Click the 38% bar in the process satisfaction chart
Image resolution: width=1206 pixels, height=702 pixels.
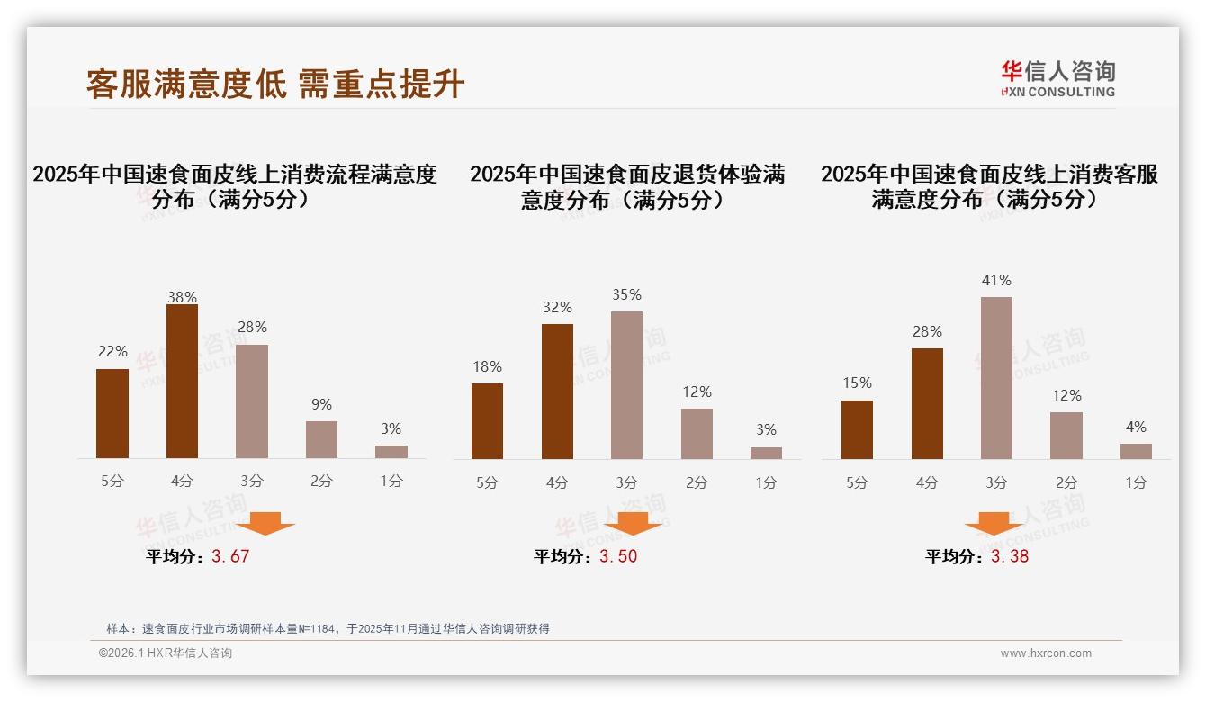pyautogui.click(x=182, y=382)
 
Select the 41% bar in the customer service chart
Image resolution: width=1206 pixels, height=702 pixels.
pyautogui.click(x=996, y=378)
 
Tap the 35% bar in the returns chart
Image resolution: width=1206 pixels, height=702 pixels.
pyautogui.click(x=626, y=385)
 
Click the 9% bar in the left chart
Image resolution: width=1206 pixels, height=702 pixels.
pyautogui.click(x=321, y=439)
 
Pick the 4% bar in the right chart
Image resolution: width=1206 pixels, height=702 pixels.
pyautogui.click(x=1136, y=451)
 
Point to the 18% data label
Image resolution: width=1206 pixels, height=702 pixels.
pyautogui.click(x=487, y=366)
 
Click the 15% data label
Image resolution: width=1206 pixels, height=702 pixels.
pyautogui.click(x=857, y=383)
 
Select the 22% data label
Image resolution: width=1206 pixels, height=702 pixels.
pyautogui.click(x=112, y=351)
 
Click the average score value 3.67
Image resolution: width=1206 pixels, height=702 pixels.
pyautogui.click(x=230, y=556)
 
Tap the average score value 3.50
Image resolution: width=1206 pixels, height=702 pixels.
pyautogui.click(x=618, y=556)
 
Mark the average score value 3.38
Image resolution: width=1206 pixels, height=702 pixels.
pyautogui.click(x=1010, y=556)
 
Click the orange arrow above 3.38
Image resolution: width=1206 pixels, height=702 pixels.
pyautogui.click(x=994, y=524)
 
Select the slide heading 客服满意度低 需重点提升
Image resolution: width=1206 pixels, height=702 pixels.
pyautogui.click(x=275, y=85)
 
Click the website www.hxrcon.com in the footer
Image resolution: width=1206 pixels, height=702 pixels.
pyautogui.click(x=1046, y=653)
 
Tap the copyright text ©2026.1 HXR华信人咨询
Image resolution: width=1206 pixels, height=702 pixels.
pyautogui.click(x=166, y=653)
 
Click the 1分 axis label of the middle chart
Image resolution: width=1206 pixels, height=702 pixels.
pyautogui.click(x=766, y=482)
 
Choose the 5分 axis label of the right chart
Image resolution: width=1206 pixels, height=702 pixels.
pyautogui.click(x=857, y=482)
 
